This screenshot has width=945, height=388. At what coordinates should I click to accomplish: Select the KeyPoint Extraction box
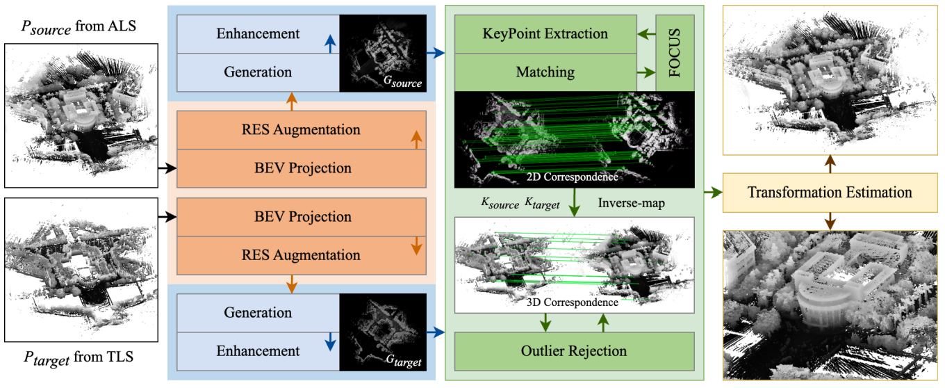pyautogui.click(x=545, y=33)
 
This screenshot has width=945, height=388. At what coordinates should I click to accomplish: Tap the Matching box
pyautogui.click(x=545, y=72)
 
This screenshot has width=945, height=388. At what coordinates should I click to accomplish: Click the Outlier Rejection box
pyautogui.click(x=574, y=351)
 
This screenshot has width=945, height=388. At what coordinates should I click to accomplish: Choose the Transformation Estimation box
pyautogui.click(x=830, y=193)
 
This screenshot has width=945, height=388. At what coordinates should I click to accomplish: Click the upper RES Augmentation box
pyautogui.click(x=301, y=129)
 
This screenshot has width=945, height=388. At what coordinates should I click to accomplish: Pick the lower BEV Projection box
pyautogui.click(x=301, y=216)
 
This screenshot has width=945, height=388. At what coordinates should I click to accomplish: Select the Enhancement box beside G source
pyautogui.click(x=258, y=33)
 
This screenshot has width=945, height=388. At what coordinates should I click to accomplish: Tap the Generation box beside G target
pyautogui.click(x=258, y=312)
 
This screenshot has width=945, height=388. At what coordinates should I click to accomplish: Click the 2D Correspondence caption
pyautogui.click(x=574, y=177)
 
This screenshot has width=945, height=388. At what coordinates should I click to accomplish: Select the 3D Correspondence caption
pyautogui.click(x=574, y=302)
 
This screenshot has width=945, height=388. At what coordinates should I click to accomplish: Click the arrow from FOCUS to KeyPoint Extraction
pyautogui.click(x=647, y=33)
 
